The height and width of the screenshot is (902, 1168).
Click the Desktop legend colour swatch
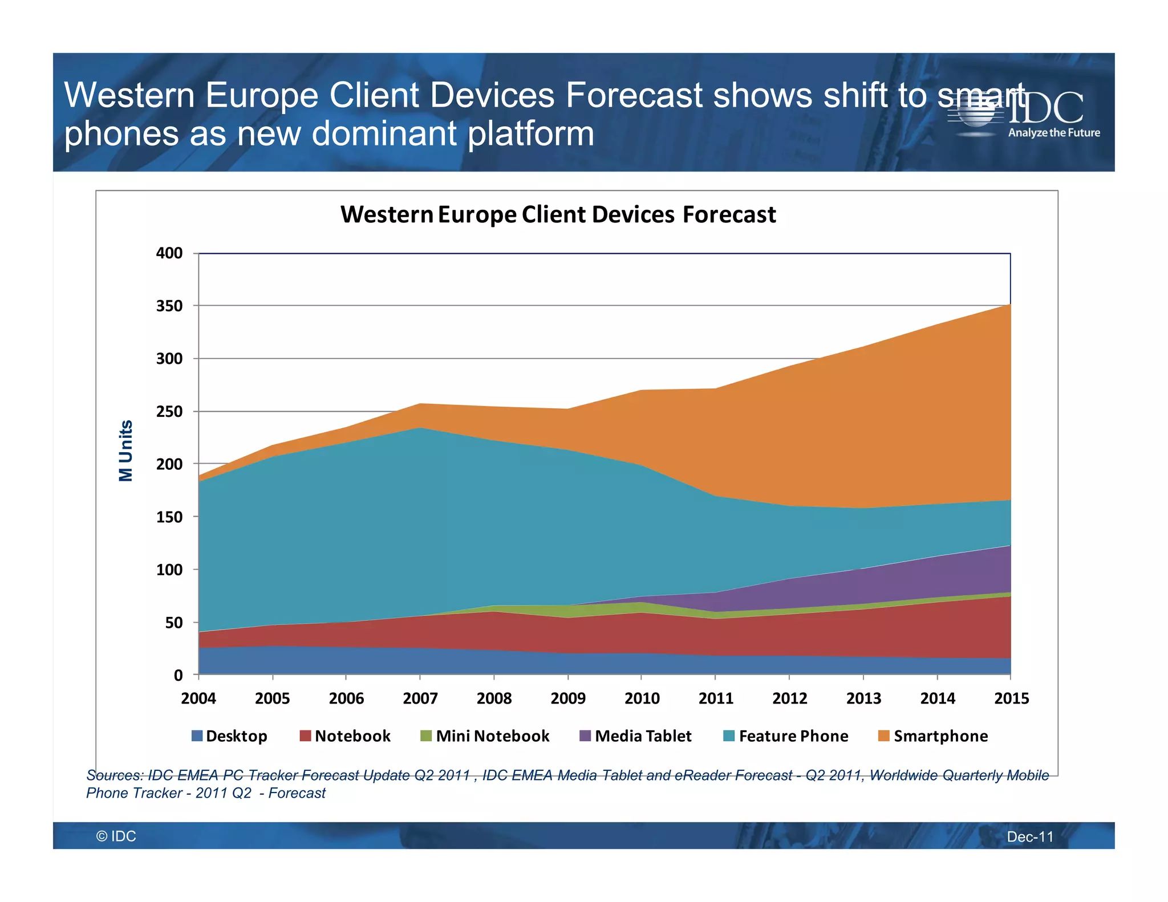(x=197, y=736)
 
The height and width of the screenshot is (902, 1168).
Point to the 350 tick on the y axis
(x=169, y=306)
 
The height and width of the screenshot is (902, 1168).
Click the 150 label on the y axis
(x=169, y=517)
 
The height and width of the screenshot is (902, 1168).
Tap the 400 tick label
(x=169, y=253)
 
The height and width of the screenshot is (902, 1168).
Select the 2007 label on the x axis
(x=420, y=698)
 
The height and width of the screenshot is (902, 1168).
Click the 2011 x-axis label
(x=716, y=698)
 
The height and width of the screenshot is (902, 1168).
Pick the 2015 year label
(x=1011, y=698)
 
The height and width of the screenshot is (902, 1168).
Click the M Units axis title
(x=126, y=450)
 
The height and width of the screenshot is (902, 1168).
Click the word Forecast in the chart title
(x=729, y=215)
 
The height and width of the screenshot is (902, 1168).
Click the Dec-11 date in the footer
(x=1030, y=836)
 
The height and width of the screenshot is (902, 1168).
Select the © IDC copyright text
(x=116, y=836)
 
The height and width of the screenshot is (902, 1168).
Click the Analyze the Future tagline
(x=1054, y=133)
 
